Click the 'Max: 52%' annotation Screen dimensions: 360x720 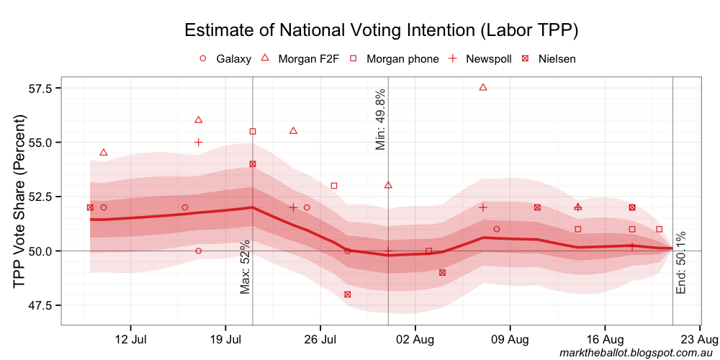tap(246, 267)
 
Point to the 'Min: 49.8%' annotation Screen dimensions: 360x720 tap(381, 120)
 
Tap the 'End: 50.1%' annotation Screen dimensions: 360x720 tap(681, 262)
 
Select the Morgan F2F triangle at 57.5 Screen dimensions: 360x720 tap(483, 87)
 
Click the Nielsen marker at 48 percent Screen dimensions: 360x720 tap(348, 294)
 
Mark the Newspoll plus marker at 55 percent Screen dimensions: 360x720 tap(199, 143)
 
